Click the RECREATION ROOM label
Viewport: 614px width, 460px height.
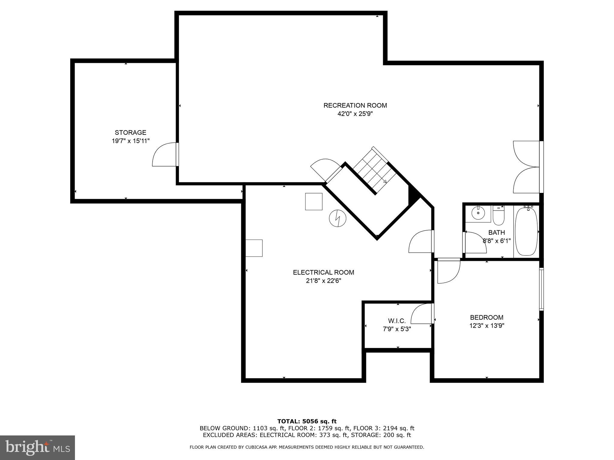tap(355, 105)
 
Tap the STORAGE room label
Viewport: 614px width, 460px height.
tap(130, 132)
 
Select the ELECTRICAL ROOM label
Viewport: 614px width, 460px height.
tap(323, 272)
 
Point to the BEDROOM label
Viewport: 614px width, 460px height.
tap(486, 317)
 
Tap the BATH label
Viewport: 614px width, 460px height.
tap(496, 232)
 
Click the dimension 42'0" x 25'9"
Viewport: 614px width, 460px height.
tap(355, 114)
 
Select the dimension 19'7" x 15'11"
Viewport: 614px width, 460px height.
tap(130, 141)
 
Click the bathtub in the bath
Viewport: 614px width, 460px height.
tap(526, 231)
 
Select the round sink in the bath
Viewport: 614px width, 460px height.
tap(478, 213)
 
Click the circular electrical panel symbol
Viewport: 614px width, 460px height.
tap(338, 218)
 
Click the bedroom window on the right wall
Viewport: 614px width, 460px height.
tap(541, 289)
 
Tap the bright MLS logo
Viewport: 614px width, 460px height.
tap(37, 447)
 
